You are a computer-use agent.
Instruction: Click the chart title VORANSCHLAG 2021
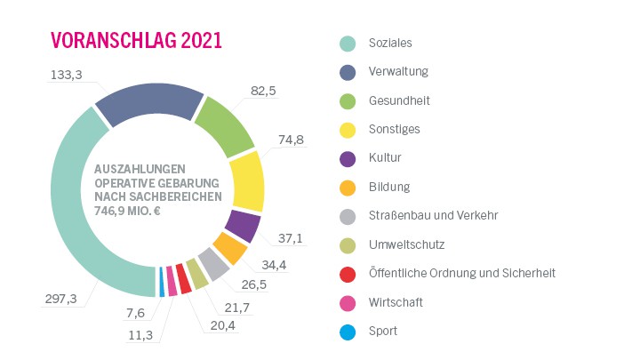136,41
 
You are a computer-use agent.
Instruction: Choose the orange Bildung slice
229,249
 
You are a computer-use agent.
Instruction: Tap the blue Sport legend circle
348,332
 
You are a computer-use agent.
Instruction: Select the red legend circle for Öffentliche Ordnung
348,274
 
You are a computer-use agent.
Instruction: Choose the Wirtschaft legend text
396,302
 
